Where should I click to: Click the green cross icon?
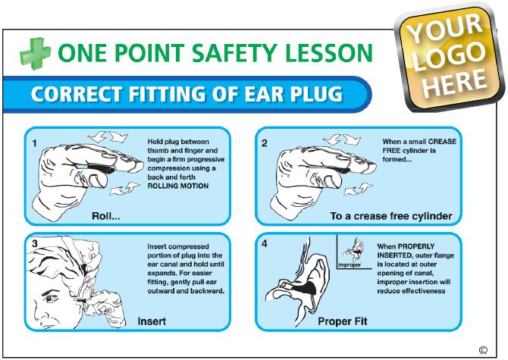(36, 53)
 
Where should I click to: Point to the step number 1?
(35, 143)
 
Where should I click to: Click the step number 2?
(265, 143)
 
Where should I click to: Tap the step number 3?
(35, 244)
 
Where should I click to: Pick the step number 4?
(265, 243)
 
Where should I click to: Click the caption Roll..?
(106, 216)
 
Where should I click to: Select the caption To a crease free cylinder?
(391, 216)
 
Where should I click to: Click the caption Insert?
(152, 321)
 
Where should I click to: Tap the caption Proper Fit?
(343, 321)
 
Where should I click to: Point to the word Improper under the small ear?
(350, 265)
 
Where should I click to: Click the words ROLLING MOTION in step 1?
(178, 186)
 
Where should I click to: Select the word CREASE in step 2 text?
(442, 142)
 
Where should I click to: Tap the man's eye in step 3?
(49, 298)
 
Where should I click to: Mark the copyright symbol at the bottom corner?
(483, 350)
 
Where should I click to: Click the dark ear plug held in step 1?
(100, 168)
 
